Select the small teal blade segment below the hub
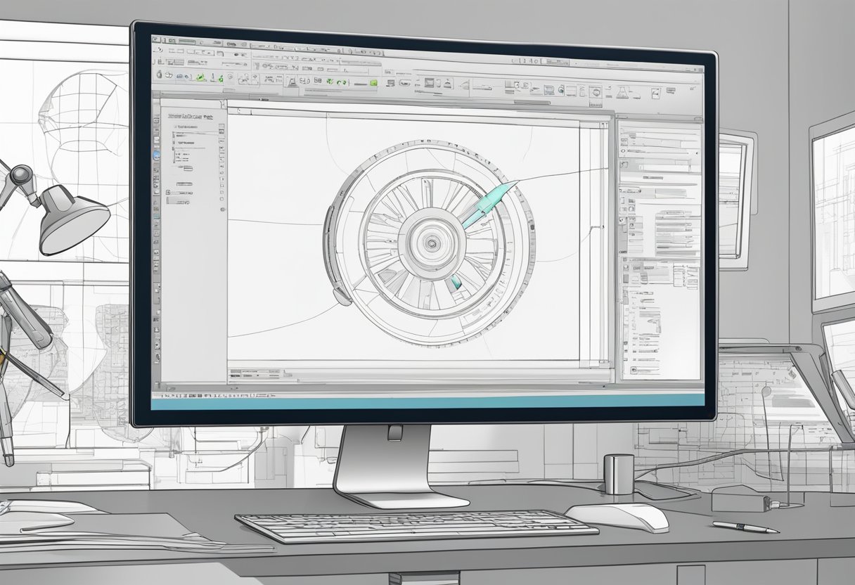tap(455, 282)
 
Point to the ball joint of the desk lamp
tap(21, 174)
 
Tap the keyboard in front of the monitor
tap(415, 525)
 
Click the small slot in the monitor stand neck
tap(395, 432)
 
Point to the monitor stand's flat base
tap(401, 497)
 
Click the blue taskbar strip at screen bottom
tap(429, 399)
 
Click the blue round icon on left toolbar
tap(156, 154)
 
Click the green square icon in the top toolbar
tap(373, 83)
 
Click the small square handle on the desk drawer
tap(690, 574)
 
